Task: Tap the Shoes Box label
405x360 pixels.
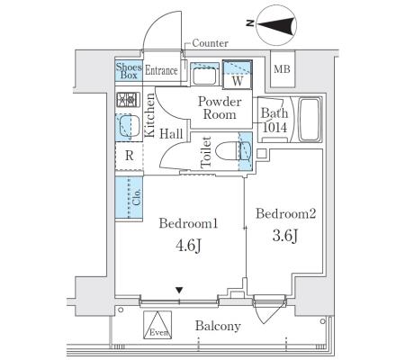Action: (129, 71)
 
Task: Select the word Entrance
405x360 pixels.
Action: (161, 71)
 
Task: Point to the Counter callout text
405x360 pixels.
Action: (210, 43)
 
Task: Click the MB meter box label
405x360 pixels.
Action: (282, 69)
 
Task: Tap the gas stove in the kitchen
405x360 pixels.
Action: (128, 100)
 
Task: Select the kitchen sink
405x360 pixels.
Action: (129, 127)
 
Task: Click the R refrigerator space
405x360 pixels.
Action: (130, 156)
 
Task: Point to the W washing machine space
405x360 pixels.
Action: (238, 75)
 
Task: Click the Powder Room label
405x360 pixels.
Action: (220, 108)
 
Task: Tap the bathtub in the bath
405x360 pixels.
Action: (310, 119)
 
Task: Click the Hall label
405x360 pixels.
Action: (171, 134)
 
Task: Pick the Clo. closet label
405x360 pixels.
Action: (137, 197)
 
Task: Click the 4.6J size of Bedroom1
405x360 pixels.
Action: (188, 247)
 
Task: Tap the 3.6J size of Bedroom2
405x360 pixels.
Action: (285, 236)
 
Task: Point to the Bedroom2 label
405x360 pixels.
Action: (286, 214)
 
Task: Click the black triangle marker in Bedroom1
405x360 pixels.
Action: (179, 290)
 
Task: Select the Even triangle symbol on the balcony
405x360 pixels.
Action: (157, 325)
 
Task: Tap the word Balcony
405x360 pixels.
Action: (218, 326)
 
